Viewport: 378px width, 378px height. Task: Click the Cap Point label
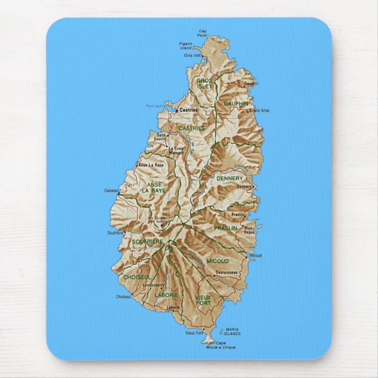pyautogui.click(x=203, y=33)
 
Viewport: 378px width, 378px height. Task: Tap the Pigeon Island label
pyautogui.click(x=185, y=45)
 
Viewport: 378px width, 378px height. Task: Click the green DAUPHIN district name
pyautogui.click(x=235, y=104)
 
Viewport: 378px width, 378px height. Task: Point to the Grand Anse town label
pyautogui.click(x=259, y=110)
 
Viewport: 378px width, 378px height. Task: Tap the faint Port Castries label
pyautogui.click(x=156, y=106)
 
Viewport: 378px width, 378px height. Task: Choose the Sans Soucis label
pyautogui.click(x=161, y=137)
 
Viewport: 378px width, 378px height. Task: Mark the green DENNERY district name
pyautogui.click(x=229, y=178)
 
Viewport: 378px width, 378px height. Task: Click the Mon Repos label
pyautogui.click(x=249, y=230)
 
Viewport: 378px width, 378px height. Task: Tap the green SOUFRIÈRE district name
pyautogui.click(x=147, y=241)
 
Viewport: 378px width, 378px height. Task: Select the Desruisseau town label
pyautogui.click(x=226, y=272)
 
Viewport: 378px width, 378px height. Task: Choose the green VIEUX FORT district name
pyautogui.click(x=203, y=300)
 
